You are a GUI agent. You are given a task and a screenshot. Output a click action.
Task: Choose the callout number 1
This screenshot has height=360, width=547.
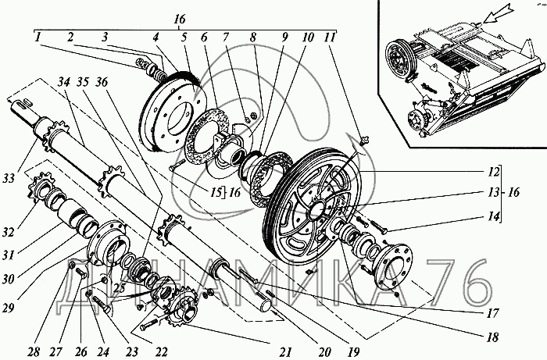click(x=37, y=37)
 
